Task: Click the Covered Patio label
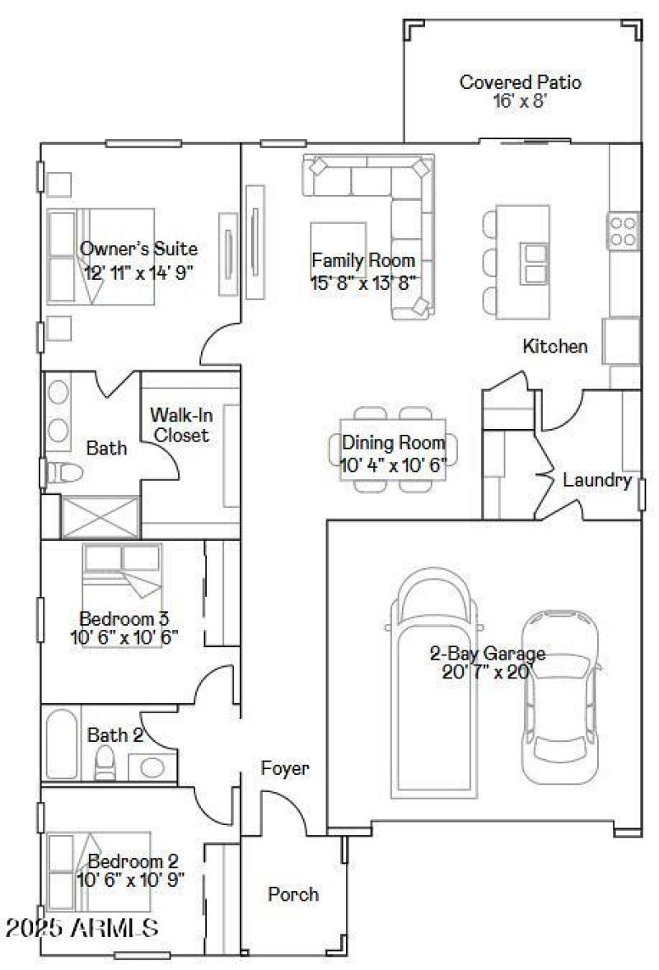point(520,82)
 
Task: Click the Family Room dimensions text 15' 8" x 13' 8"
point(363,280)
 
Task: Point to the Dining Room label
point(394,443)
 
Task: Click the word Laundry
point(597,481)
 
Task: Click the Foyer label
point(285,769)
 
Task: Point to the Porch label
point(293,894)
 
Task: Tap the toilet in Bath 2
point(105,765)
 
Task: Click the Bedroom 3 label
point(124,618)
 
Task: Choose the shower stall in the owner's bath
point(91,516)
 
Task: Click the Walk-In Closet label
point(179,425)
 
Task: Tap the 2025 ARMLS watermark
point(82,929)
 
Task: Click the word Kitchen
point(555,347)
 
